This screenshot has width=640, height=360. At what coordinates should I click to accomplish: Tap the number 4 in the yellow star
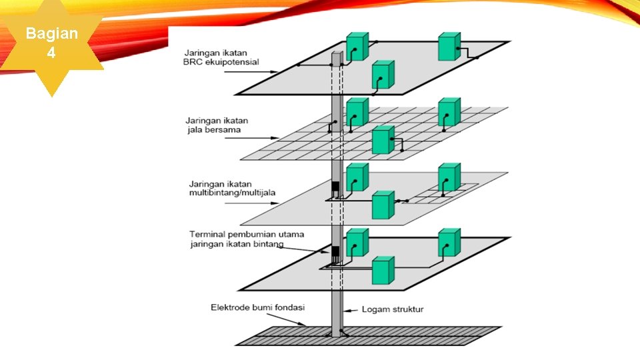coord(51,52)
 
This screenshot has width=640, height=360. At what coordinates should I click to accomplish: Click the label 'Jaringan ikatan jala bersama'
coord(217,125)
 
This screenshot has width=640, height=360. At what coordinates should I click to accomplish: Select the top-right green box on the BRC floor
coord(448,46)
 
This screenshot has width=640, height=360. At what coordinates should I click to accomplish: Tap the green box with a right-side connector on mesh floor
coord(382,140)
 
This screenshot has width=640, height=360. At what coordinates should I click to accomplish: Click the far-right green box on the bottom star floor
coord(449,243)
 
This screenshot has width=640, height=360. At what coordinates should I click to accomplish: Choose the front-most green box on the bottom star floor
coord(382,271)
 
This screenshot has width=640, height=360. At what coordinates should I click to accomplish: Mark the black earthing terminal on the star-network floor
coord(336,253)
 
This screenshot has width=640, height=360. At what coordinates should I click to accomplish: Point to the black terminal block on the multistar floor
coord(336,186)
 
